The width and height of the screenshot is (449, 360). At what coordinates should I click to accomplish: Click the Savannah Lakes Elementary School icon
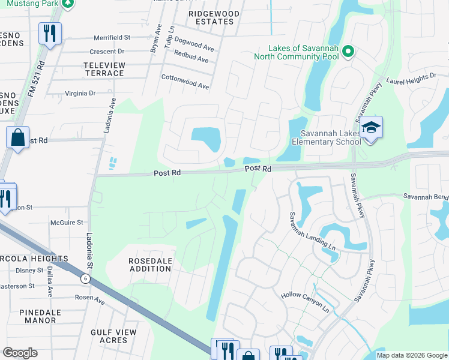tap(372, 128)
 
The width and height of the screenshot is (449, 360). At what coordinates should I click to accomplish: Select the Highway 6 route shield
tap(85, 278)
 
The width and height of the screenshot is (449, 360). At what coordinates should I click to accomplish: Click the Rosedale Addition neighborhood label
tap(150, 265)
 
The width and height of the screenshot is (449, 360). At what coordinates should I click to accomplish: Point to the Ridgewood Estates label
tap(214, 17)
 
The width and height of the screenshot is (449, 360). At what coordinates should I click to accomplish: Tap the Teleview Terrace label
tap(104, 69)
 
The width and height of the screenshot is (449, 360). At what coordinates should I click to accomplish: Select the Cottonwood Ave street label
tap(185, 82)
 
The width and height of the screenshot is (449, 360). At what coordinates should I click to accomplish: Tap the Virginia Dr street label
tap(80, 94)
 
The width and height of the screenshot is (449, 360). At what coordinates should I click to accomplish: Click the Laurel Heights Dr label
tap(411, 77)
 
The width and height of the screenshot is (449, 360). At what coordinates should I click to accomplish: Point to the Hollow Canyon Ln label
tap(306, 301)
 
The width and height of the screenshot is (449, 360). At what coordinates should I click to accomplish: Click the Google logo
tap(20, 352)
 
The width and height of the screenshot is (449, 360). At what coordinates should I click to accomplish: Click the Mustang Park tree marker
tap(68, 3)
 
